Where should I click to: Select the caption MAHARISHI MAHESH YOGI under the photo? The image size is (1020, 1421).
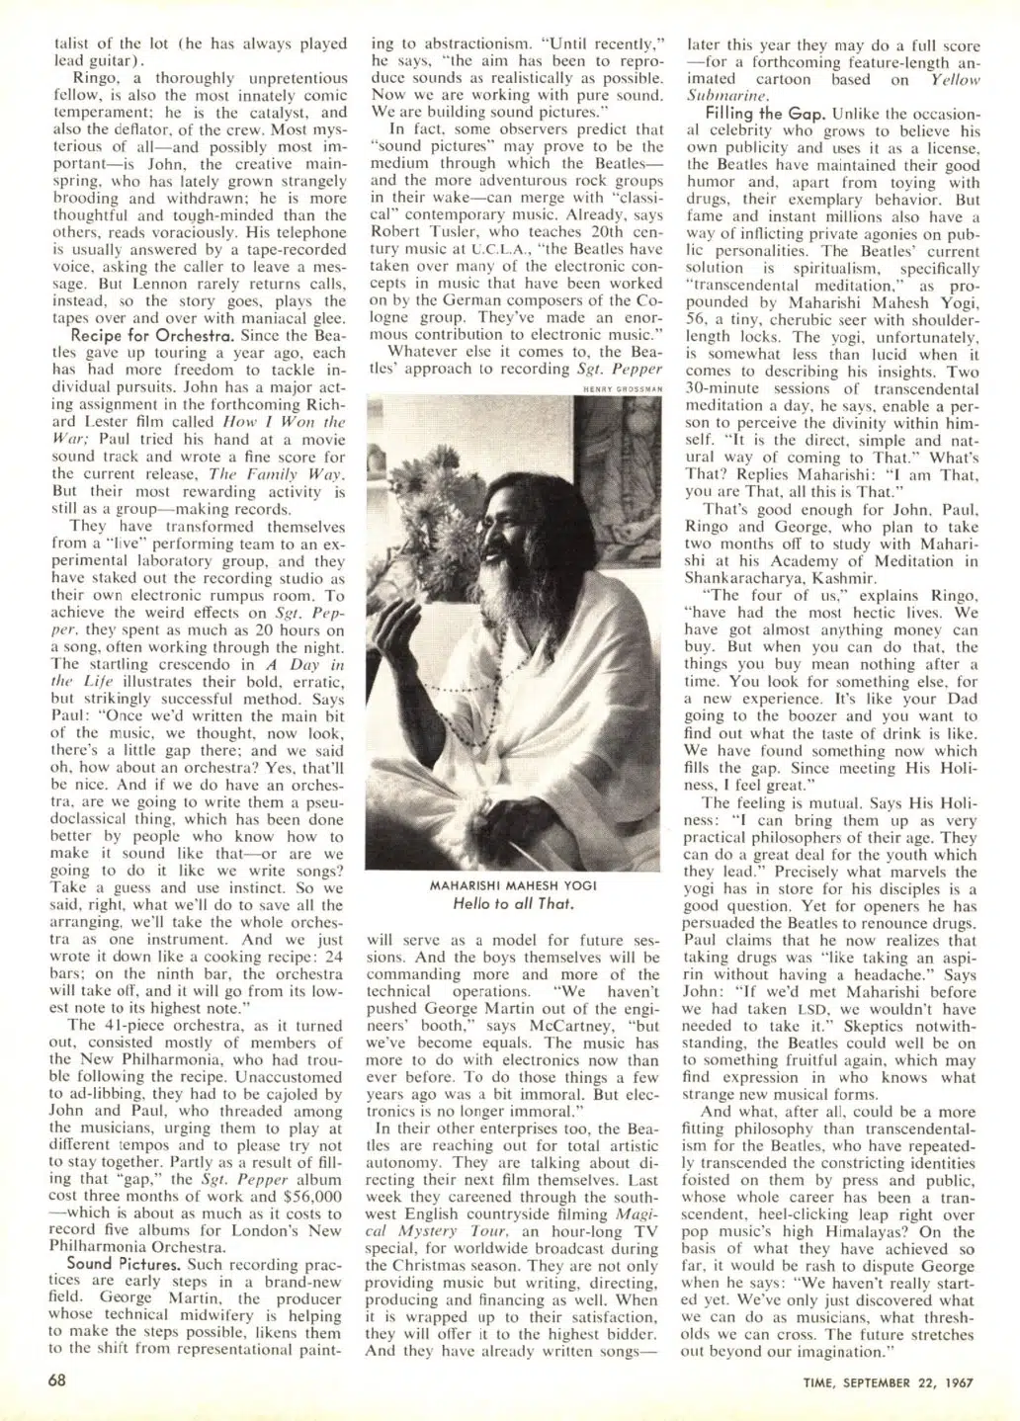513,885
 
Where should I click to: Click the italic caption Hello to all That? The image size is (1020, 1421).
513,902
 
